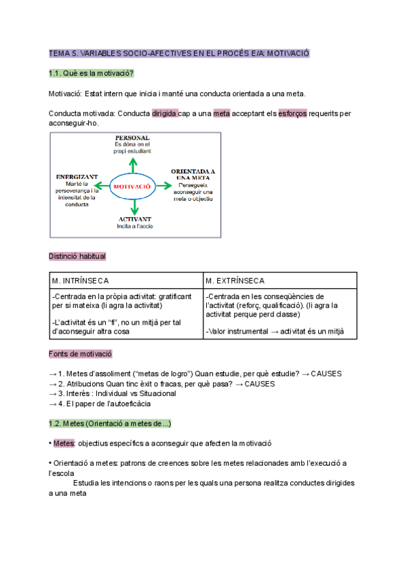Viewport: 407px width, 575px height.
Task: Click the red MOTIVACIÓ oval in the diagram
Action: tap(133, 185)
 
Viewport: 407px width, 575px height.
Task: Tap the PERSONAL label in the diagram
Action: tap(132, 138)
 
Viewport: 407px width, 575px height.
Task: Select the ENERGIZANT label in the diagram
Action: tap(77, 176)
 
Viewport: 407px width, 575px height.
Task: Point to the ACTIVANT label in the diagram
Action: tap(135, 219)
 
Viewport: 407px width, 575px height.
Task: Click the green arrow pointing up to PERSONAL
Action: tap(133, 165)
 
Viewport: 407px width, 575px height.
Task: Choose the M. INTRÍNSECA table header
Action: tap(80, 281)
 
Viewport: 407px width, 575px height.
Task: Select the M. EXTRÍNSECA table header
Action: tap(235, 281)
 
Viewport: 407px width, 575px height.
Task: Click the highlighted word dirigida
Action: tap(165, 114)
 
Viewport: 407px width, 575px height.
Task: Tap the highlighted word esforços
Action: tap(293, 114)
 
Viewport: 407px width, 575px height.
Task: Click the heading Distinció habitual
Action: tap(77, 256)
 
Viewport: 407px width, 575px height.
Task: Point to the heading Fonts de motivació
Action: tap(80, 354)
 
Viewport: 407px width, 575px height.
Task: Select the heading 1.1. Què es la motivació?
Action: tap(91, 73)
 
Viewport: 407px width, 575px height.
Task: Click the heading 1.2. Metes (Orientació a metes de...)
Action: tap(110, 424)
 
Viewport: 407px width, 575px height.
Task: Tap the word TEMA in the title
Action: tap(59, 53)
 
